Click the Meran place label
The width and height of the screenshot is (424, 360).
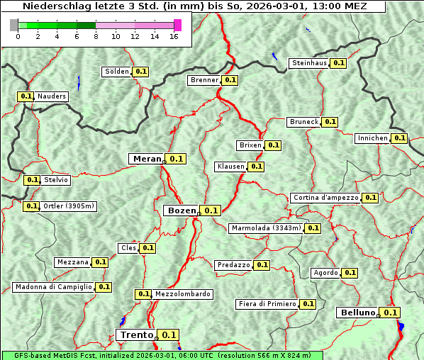[x=147, y=159]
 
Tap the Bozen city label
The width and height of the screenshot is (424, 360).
[x=181, y=210]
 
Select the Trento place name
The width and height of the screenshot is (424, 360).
[x=136, y=335]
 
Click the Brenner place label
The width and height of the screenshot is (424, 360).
[x=204, y=80]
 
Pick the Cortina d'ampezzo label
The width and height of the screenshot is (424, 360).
[x=325, y=198]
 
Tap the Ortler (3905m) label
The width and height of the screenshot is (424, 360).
[x=69, y=206]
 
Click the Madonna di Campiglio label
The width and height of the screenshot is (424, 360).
[x=52, y=287]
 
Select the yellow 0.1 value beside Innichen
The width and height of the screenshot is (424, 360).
[x=400, y=138]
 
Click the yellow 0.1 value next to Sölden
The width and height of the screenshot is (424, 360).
[x=141, y=72]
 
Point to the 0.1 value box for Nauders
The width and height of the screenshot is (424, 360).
[x=26, y=96]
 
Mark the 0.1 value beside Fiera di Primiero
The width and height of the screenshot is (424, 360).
[x=308, y=304]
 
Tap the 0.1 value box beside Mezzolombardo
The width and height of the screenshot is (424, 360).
[x=143, y=294]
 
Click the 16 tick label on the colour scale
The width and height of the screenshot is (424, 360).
[x=174, y=36]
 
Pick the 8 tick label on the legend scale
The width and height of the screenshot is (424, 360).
[x=96, y=36]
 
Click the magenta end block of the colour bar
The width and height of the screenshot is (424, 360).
[x=177, y=25]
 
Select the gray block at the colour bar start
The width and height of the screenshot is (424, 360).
[x=14, y=25]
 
